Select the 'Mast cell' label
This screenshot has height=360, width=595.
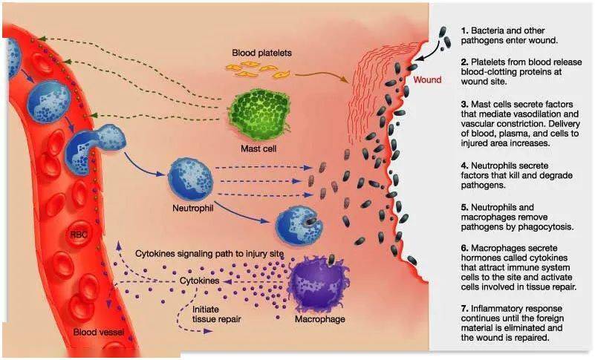point(257,148)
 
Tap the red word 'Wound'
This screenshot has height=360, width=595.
point(427,79)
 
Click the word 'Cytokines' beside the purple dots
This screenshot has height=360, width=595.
point(200,282)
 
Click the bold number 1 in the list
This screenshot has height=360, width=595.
point(464,30)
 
